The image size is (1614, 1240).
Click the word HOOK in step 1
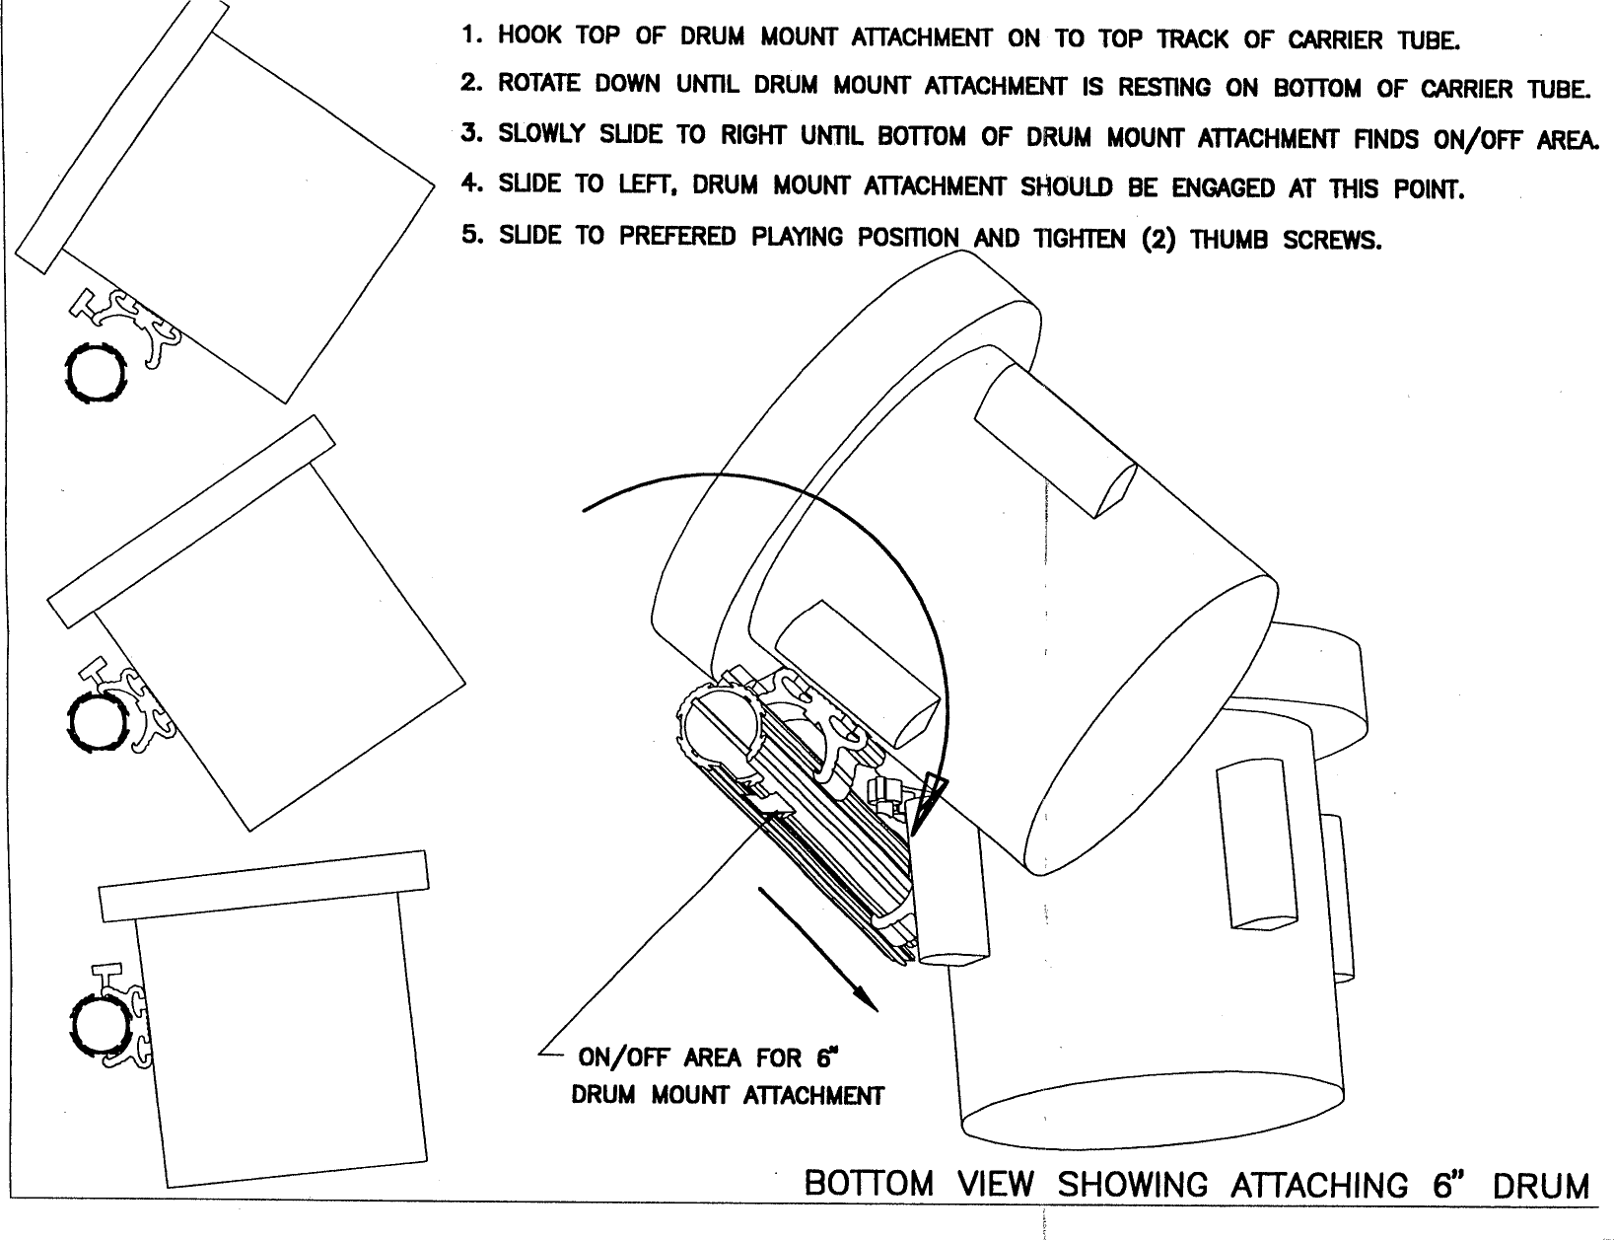[x=529, y=37]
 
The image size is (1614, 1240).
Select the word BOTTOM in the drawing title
[x=869, y=1183]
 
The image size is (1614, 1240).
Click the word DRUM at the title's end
[x=1540, y=1185]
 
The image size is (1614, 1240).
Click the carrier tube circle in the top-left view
[x=97, y=372]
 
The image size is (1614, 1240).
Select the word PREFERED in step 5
[x=678, y=237]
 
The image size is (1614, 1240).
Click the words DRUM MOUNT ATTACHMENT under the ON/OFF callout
[x=728, y=1096]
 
